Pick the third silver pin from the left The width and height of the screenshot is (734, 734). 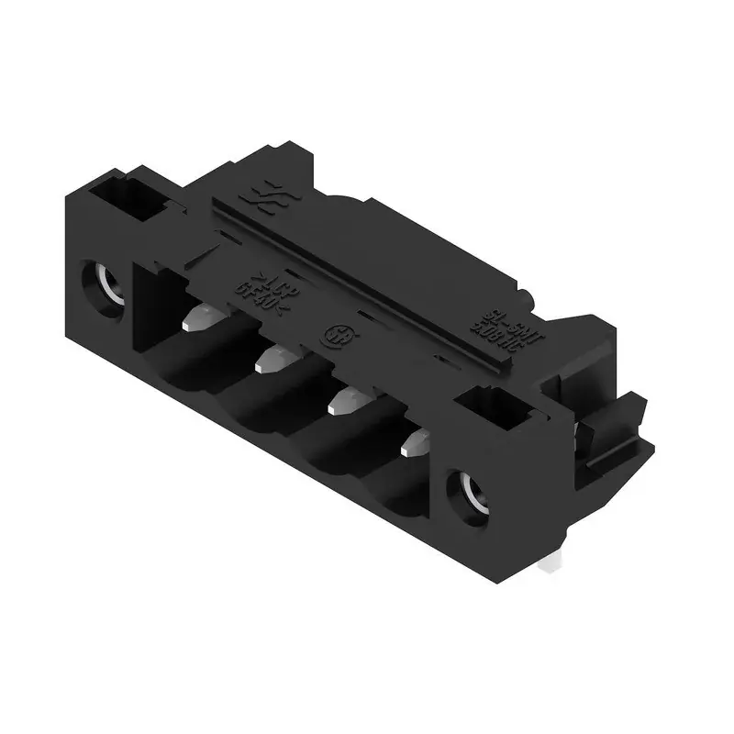click(344, 401)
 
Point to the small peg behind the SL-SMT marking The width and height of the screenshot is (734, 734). click(527, 295)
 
